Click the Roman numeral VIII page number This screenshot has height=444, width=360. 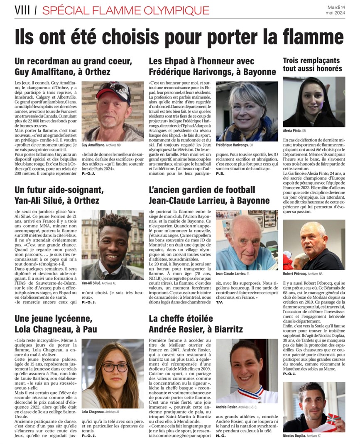click(x=22, y=10)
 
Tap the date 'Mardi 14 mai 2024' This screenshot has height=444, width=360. click(x=335, y=10)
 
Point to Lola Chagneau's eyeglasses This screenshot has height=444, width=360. click(x=115, y=367)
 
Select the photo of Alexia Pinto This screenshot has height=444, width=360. click(x=314, y=102)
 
